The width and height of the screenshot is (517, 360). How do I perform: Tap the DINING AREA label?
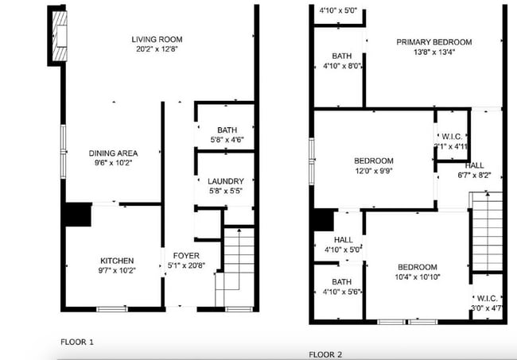click(x=114, y=153)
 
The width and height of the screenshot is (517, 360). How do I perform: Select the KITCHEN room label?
click(x=116, y=261)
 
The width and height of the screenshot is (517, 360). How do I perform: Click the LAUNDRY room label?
click(x=225, y=181)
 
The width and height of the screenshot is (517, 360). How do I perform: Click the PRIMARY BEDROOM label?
click(x=434, y=42)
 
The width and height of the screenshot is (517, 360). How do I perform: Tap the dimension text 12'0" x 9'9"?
click(x=374, y=170)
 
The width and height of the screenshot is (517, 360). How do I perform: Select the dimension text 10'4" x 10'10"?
click(x=417, y=277)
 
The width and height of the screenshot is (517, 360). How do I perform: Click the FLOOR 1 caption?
click(x=77, y=342)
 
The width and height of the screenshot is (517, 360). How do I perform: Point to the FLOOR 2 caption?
click(x=325, y=354)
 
